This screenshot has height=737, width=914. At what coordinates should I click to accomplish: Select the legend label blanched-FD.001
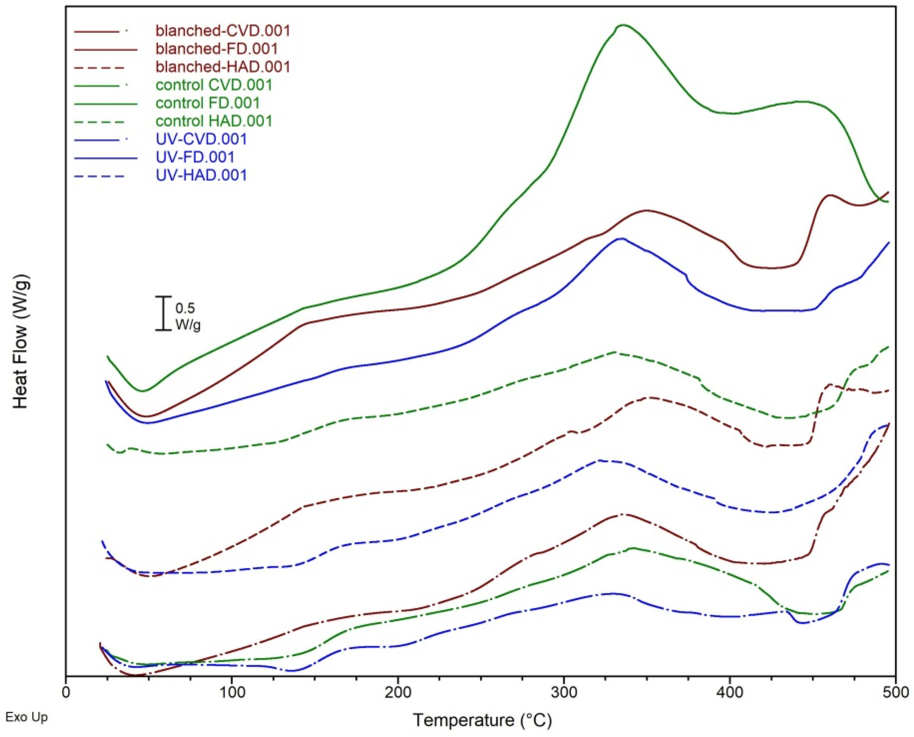[x=216, y=49]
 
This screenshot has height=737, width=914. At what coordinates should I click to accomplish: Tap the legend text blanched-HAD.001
[x=222, y=67]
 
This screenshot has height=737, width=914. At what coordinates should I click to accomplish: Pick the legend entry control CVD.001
[x=213, y=85]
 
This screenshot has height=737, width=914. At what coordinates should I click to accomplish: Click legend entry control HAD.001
[x=213, y=121]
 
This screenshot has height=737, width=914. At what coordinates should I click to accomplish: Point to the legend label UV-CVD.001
[x=201, y=139]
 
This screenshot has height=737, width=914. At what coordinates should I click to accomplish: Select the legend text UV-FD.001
[x=195, y=157]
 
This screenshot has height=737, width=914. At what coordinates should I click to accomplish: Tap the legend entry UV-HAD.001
[x=201, y=175]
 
